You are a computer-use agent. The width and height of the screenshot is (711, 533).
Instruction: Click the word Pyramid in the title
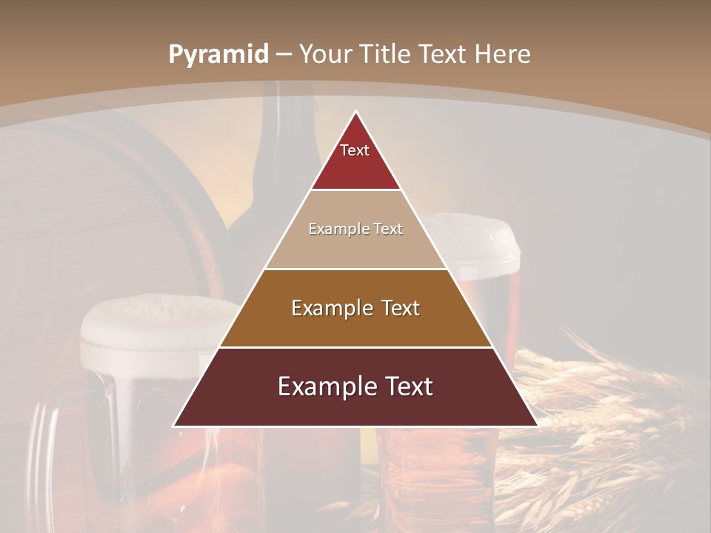(x=218, y=55)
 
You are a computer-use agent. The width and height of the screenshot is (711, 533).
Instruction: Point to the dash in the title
(x=284, y=55)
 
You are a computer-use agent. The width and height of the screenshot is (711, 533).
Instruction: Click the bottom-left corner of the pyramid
(x=175, y=426)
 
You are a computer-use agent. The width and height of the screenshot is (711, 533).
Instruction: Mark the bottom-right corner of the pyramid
(x=536, y=426)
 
